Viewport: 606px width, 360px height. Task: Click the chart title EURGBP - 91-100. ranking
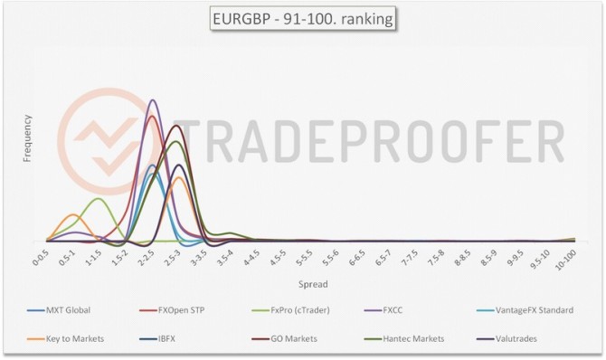click(x=302, y=18)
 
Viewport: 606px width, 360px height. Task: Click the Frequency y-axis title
click(x=27, y=138)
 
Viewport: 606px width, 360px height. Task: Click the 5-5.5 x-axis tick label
click(x=305, y=258)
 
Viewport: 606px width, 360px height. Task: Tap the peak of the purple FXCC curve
click(x=152, y=100)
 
